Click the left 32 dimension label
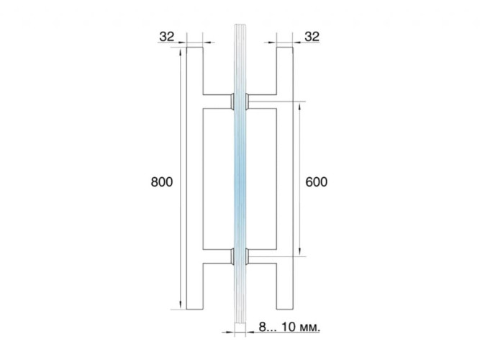pos(167,37)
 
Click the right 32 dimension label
pos(312,37)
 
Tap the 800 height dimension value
pos(162,181)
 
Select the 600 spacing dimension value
pos(317,181)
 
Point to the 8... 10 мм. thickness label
pos(289,327)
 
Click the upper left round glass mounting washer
pos(232,101)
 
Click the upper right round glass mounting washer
pos(247,101)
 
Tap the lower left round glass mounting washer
pos(232,256)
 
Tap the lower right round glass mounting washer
pos(247,256)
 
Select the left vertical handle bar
pos(195,179)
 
